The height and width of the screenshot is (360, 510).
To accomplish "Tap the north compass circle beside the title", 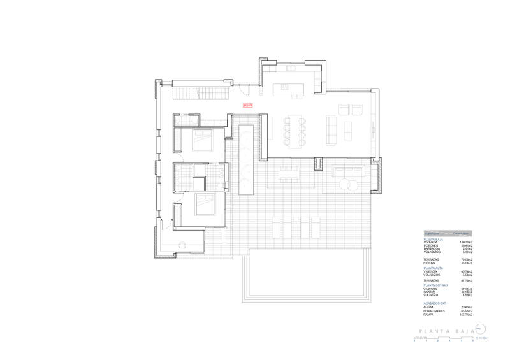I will (x=483, y=329).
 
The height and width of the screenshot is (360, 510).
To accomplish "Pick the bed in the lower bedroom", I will (x=205, y=205).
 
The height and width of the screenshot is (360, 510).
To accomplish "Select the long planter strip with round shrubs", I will (x=246, y=160).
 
